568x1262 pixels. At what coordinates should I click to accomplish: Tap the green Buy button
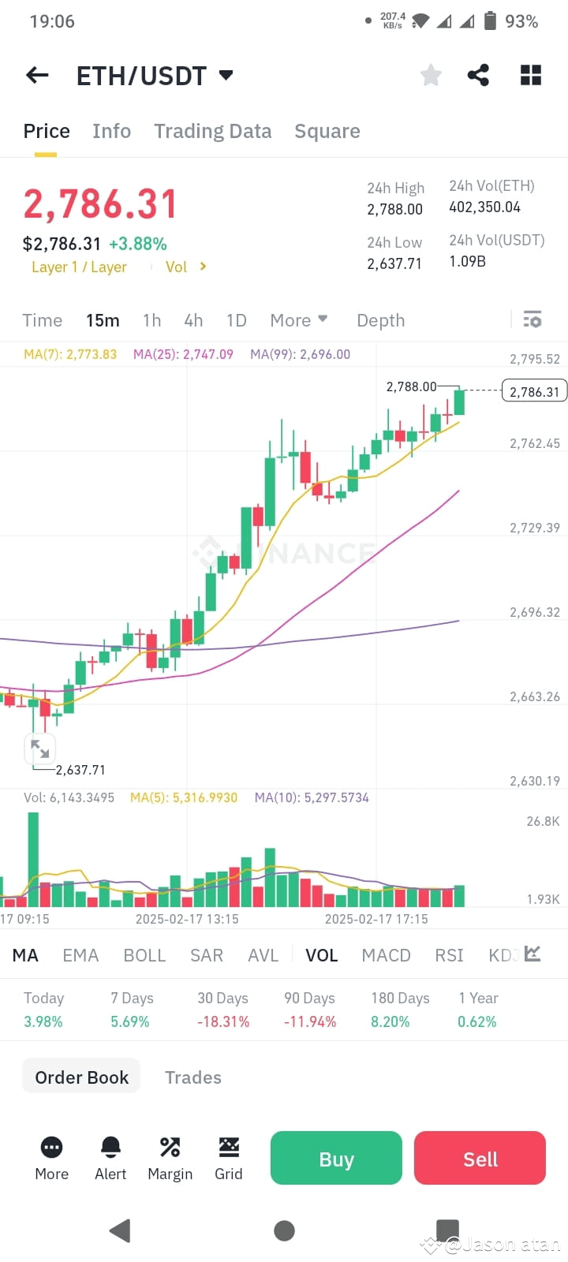(336, 1158)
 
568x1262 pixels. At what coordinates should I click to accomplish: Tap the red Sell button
(480, 1158)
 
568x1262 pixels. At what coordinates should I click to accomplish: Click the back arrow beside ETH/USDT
(37, 75)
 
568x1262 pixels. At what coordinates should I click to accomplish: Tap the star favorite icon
(431, 75)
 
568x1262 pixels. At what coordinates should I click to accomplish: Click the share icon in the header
(478, 75)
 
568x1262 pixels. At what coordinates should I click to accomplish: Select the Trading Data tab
(212, 131)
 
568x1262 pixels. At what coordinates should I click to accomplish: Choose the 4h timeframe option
(193, 320)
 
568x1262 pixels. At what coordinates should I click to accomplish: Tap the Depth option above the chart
(380, 320)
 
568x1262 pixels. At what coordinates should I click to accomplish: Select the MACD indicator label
(386, 955)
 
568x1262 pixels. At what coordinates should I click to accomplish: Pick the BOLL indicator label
(144, 955)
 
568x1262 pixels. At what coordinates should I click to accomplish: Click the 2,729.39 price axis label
(534, 528)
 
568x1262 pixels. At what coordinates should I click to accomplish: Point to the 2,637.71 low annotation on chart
(80, 770)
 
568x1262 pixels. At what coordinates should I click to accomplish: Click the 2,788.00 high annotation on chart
(411, 386)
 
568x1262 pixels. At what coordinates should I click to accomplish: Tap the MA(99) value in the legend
(300, 354)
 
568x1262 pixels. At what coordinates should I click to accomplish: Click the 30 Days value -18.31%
(223, 1021)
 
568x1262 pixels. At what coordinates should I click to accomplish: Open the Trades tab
(192, 1077)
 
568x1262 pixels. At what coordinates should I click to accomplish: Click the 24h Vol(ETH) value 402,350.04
(484, 207)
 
